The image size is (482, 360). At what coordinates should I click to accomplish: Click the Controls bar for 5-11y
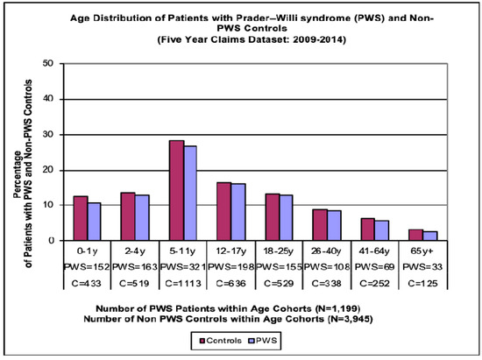[x=176, y=190]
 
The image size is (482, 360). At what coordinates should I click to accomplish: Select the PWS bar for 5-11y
[x=189, y=193]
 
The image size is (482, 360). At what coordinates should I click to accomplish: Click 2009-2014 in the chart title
[x=310, y=39]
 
